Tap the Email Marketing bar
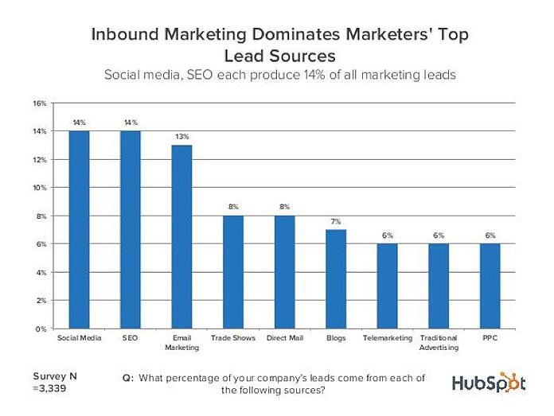tap(181, 236)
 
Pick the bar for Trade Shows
tap(233, 271)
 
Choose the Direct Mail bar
tap(285, 271)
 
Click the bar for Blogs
tap(336, 278)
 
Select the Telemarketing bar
tap(388, 286)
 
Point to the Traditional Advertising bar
tap(439, 286)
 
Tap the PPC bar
tap(490, 286)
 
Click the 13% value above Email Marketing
tap(181, 137)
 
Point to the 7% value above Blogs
tap(336, 222)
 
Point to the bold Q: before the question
tap(127, 378)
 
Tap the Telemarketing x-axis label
tap(388, 338)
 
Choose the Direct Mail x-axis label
tap(285, 338)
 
